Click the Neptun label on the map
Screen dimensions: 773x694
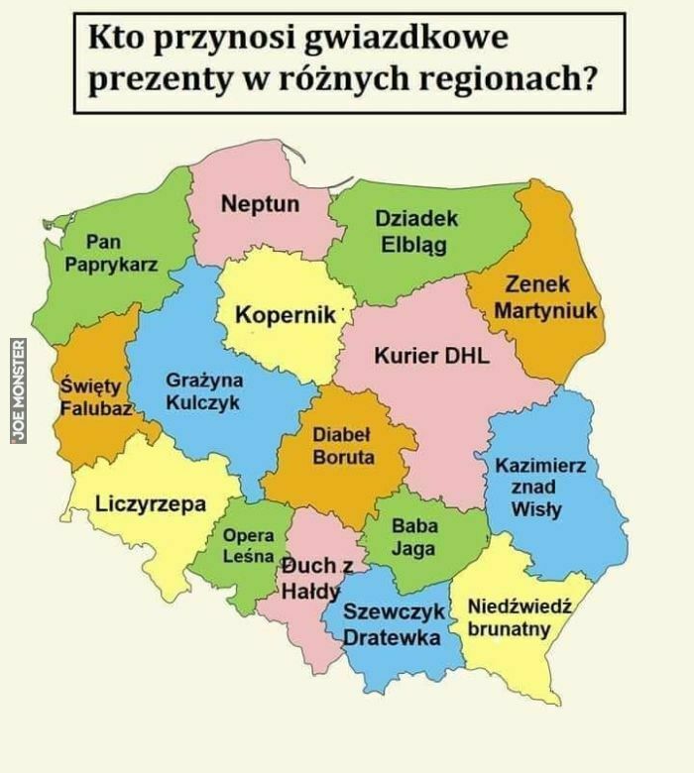coord(260,204)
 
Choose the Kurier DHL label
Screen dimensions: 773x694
coord(431,356)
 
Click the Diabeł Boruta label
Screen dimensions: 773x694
coord(343,446)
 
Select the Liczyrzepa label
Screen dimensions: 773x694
coord(151,503)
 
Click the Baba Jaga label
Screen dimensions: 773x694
coord(413,536)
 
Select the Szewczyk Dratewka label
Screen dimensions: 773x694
coord(392,625)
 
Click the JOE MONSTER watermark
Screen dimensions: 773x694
coord(18,390)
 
